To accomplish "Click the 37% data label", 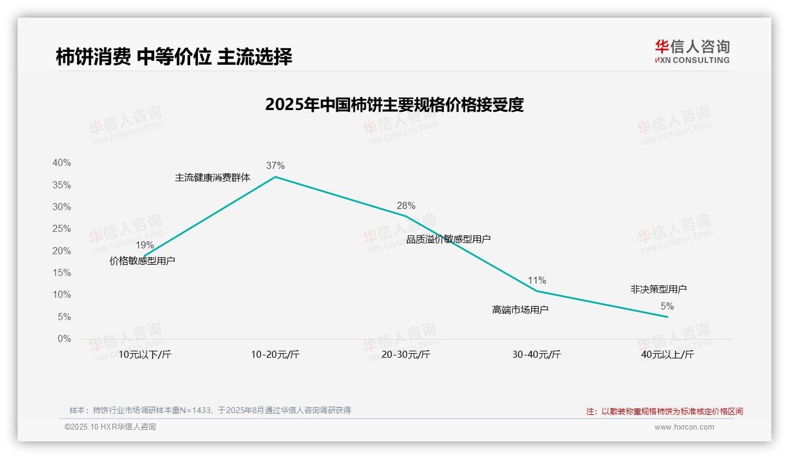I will [275, 166].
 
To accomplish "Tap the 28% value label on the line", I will [406, 205].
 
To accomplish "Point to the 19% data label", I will [144, 245].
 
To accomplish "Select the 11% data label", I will [536, 280].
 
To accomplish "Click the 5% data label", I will [667, 306].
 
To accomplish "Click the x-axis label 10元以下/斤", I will [144, 354].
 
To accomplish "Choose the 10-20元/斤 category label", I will [275, 354].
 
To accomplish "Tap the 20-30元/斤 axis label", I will [406, 354].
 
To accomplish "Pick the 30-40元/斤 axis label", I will [536, 354].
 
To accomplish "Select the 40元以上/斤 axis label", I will [667, 354].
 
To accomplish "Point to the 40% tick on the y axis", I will [62, 163].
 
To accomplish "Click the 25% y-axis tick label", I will [62, 229].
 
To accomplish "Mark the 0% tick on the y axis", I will [64, 339].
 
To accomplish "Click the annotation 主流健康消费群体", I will [213, 177].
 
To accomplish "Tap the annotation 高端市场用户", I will [520, 310].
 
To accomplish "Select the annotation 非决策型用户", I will [658, 289].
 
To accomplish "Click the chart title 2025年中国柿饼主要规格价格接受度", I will [394, 105].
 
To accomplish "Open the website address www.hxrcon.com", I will [684, 427].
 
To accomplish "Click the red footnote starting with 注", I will [664, 411].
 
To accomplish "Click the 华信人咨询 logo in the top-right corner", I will [692, 51].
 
